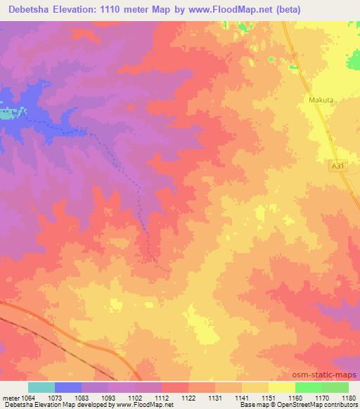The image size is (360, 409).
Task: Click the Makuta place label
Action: [x=320, y=100]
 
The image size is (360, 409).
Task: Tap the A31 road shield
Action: [x=338, y=165]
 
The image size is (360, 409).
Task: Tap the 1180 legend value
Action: [x=347, y=398]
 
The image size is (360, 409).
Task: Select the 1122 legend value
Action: [x=188, y=398]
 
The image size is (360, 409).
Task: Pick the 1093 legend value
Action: [x=108, y=398]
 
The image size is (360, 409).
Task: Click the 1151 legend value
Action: [x=268, y=398]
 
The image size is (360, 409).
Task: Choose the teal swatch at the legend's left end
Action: [x=41, y=387]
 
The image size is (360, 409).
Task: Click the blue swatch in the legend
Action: [x=67, y=387]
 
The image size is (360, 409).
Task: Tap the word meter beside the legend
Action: [x=11, y=398]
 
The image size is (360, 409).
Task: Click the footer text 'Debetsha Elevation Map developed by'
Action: [x=49, y=405]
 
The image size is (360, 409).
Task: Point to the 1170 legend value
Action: [x=321, y=398]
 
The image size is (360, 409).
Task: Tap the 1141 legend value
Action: [x=241, y=398]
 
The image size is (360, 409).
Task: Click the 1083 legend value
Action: [x=82, y=398]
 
